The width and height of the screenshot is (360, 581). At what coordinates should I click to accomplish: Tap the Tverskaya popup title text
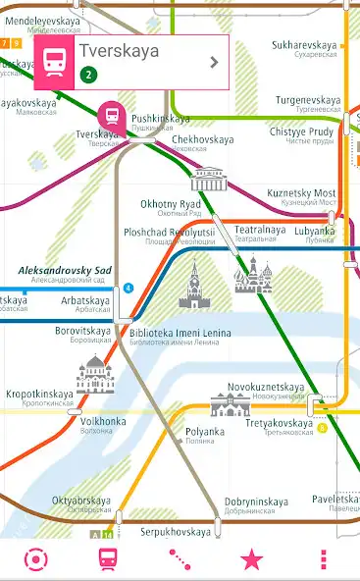pos(118,51)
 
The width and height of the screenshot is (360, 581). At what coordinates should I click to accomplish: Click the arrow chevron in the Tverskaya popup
pos(214,62)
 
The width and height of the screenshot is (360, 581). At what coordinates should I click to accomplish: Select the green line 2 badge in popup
pos(88,75)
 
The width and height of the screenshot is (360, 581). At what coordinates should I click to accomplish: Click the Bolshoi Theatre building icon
pos(208,179)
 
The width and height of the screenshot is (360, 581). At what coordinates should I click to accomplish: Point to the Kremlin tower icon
pos(194,285)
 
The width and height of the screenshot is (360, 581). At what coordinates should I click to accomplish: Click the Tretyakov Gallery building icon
pos(231,402)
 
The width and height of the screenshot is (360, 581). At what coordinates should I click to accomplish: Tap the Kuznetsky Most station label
pos(302,193)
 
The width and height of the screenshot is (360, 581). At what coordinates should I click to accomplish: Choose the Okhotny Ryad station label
pos(171,204)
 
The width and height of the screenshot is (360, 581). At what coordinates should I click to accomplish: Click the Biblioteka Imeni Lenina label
pos(180,334)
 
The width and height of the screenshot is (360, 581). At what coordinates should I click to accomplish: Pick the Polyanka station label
pos(205,432)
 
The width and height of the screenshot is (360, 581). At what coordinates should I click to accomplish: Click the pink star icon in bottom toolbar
pos(252,559)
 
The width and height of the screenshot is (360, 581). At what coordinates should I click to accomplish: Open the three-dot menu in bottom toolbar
pos(324,559)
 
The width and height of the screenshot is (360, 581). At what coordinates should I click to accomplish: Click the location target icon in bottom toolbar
pos(36,559)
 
